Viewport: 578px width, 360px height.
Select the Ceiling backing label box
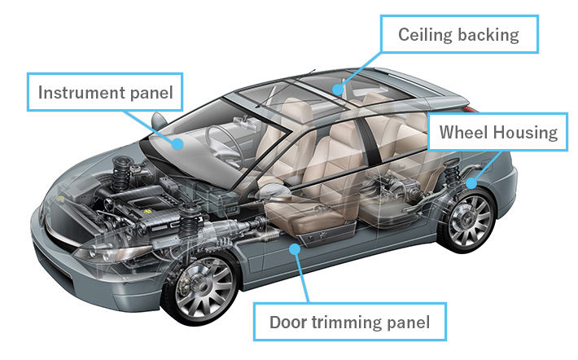pyautogui.click(x=458, y=34)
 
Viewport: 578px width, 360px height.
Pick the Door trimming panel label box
pyautogui.click(x=350, y=323)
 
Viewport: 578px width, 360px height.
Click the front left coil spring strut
pyautogui.click(x=192, y=225)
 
